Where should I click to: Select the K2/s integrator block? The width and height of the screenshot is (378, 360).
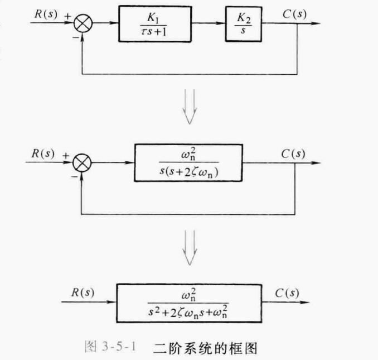pos(243,25)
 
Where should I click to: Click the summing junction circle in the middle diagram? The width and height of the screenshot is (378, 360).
pos(83,164)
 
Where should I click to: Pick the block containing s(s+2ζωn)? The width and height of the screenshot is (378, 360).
pos(188,163)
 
